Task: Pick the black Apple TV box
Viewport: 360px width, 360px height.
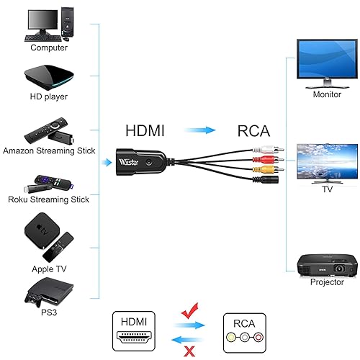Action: pyautogui.click(x=41, y=230)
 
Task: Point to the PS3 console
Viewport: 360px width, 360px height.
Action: pyautogui.click(x=47, y=292)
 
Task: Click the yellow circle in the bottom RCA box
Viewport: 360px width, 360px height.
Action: pyautogui.click(x=230, y=336)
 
